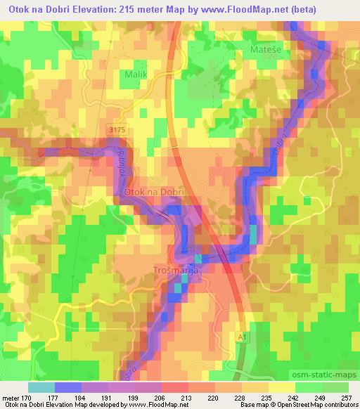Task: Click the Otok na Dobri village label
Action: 153,191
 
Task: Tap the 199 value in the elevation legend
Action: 139,398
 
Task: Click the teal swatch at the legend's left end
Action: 41,387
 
